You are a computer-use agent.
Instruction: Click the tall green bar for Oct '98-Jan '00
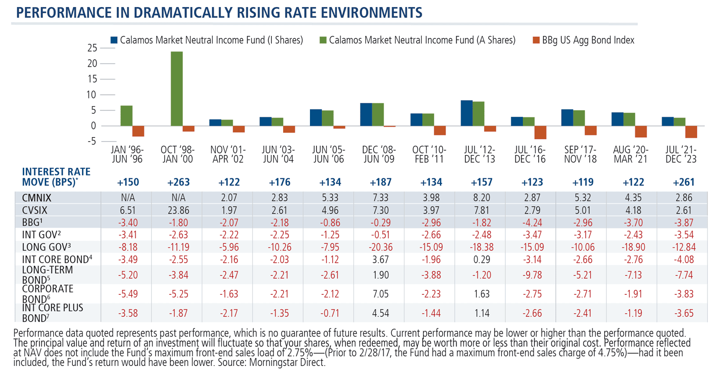(x=177, y=89)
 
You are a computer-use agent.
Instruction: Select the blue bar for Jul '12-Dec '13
(x=467, y=113)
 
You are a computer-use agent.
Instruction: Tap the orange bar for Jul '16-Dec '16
(x=540, y=132)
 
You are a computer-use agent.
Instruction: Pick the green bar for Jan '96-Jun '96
(x=126, y=116)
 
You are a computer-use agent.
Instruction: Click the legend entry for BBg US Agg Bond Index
(x=583, y=40)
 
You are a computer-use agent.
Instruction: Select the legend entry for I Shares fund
(x=207, y=40)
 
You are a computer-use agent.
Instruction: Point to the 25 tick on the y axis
(x=92, y=48)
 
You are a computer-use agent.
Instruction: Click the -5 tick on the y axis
(x=92, y=141)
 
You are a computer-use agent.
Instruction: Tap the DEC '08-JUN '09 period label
(x=379, y=154)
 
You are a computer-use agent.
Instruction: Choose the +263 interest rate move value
(x=178, y=182)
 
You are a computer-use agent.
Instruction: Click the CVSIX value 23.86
(x=178, y=210)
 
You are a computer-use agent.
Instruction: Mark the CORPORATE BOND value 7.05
(x=380, y=294)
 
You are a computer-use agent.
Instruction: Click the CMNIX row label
(x=37, y=198)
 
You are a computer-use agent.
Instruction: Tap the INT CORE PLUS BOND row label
(x=52, y=313)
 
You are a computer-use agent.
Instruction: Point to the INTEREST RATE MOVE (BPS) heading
(x=56, y=177)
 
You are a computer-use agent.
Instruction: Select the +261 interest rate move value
(x=684, y=182)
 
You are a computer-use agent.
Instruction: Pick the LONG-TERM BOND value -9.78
(x=532, y=275)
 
